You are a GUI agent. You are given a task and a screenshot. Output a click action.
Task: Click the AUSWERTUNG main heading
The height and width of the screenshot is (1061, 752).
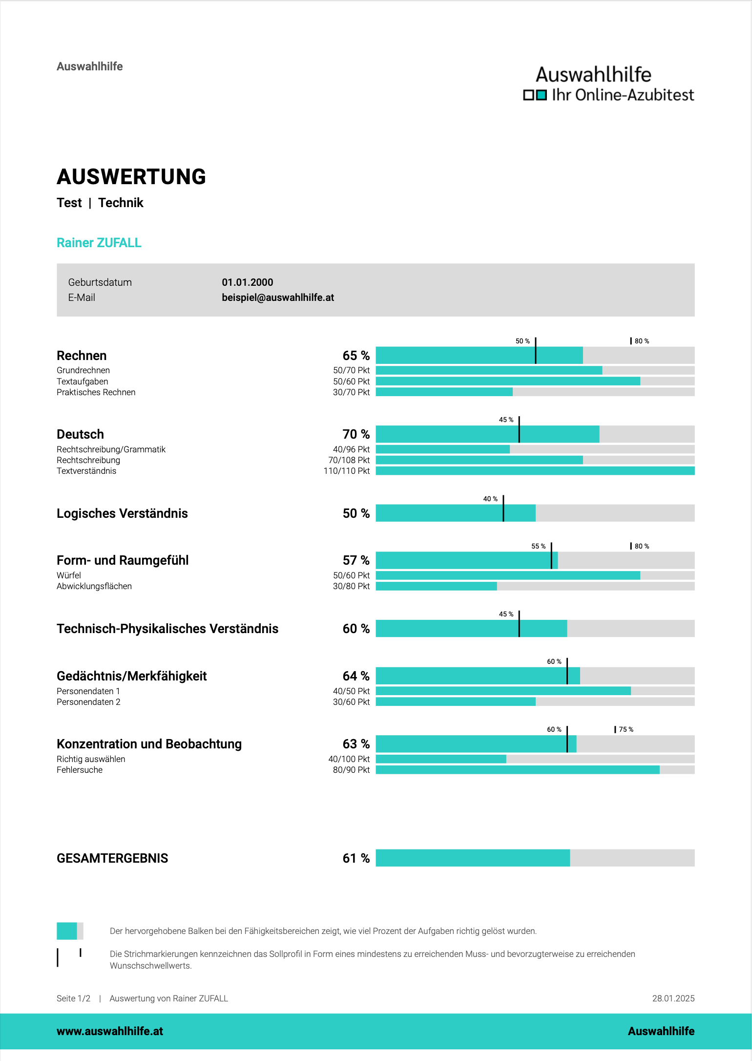coord(131,177)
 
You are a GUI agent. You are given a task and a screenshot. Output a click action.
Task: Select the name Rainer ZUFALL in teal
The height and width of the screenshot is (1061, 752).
coord(99,243)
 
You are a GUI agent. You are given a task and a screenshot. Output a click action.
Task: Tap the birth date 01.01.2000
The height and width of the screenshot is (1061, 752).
coord(247,282)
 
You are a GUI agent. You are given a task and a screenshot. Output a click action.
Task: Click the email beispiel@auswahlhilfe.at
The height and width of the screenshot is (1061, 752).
coord(277,297)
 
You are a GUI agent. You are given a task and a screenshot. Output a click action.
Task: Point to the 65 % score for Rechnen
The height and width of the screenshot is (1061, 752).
coord(355,356)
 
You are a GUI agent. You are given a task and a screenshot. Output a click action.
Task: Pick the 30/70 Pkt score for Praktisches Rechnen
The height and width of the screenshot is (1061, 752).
coord(351,392)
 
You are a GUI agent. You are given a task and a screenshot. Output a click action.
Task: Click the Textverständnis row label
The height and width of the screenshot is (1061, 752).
coord(86,471)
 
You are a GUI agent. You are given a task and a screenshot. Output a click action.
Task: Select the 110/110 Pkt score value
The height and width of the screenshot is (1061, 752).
coord(346,471)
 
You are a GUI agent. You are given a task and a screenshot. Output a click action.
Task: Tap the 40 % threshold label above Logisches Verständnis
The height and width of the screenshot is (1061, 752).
coord(490,499)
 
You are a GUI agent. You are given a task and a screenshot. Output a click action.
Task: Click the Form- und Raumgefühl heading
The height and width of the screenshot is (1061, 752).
coord(123,560)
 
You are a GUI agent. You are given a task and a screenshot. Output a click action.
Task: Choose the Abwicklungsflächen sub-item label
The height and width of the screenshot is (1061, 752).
coord(94,586)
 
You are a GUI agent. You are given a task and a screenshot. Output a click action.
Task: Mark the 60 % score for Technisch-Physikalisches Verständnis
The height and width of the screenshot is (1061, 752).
coord(355,629)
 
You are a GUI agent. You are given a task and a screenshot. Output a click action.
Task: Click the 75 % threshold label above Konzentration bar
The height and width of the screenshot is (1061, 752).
coord(626,729)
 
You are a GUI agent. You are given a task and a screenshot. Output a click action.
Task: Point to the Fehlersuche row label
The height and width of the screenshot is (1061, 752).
coord(80,770)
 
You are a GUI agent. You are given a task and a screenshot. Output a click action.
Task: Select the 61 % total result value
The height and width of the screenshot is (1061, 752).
coord(355,858)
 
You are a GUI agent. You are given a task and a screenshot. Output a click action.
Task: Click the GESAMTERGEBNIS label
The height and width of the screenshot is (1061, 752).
coord(112,858)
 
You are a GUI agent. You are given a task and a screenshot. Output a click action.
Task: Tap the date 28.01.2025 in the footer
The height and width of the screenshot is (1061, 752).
coord(673,998)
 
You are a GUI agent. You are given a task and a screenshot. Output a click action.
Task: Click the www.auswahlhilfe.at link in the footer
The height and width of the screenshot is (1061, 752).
coord(110,1031)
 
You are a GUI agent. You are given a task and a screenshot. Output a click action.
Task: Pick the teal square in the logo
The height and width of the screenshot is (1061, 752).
coord(541,95)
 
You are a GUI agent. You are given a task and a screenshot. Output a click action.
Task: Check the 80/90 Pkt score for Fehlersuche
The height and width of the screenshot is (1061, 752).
coord(351,770)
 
